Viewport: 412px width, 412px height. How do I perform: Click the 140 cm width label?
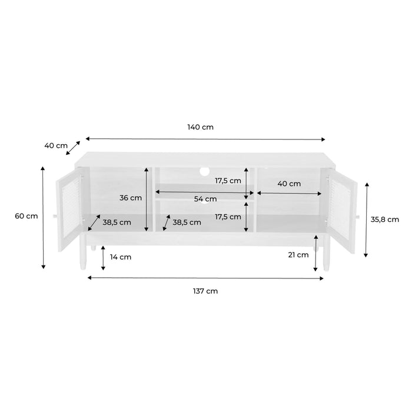pyautogui.click(x=200, y=127)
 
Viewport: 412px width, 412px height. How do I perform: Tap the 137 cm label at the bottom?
pyautogui.click(x=206, y=290)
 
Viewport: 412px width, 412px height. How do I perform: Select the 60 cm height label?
pyautogui.click(x=26, y=216)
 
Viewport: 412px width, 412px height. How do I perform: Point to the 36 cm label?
pyautogui.click(x=131, y=198)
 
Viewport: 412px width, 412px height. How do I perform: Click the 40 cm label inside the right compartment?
pyautogui.click(x=289, y=184)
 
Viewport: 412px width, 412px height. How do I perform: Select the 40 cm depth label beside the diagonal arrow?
pyautogui.click(x=55, y=145)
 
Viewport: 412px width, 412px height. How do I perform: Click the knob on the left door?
pyautogui.click(x=55, y=217)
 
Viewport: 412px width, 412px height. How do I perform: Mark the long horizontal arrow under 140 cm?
pyautogui.click(x=205, y=139)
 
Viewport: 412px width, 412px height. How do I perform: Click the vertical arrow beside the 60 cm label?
pyautogui.click(x=43, y=217)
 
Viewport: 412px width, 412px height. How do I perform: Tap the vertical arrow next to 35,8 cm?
pyautogui.click(x=366, y=220)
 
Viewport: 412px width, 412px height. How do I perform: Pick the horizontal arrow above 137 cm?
pyautogui.click(x=205, y=278)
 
